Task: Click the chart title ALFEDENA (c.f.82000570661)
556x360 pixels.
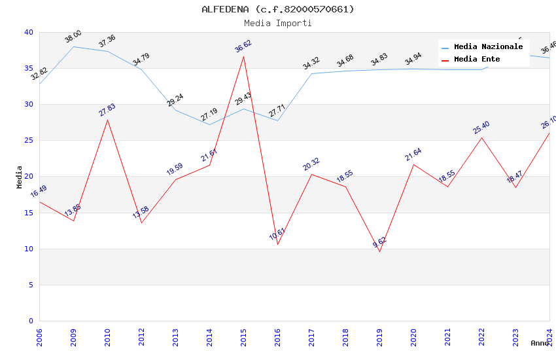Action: (277, 9)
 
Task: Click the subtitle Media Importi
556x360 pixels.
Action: (277, 23)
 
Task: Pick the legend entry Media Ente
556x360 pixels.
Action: (477, 59)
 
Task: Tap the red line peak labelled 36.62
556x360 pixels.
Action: (243, 56)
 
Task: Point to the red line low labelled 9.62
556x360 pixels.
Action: (379, 251)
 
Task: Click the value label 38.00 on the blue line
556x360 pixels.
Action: (73, 37)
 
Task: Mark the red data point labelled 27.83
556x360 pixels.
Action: (107, 120)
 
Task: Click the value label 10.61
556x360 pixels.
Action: (277, 234)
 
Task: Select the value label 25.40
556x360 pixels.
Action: (481, 128)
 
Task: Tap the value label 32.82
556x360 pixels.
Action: (39, 74)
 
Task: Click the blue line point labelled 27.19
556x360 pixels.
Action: (209, 124)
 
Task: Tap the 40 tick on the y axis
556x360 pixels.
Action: (29, 32)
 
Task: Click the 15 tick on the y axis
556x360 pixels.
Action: (29, 213)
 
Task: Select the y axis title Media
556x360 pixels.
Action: (20, 177)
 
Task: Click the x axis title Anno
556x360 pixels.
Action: (540, 343)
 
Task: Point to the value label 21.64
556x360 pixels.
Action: (413, 155)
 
